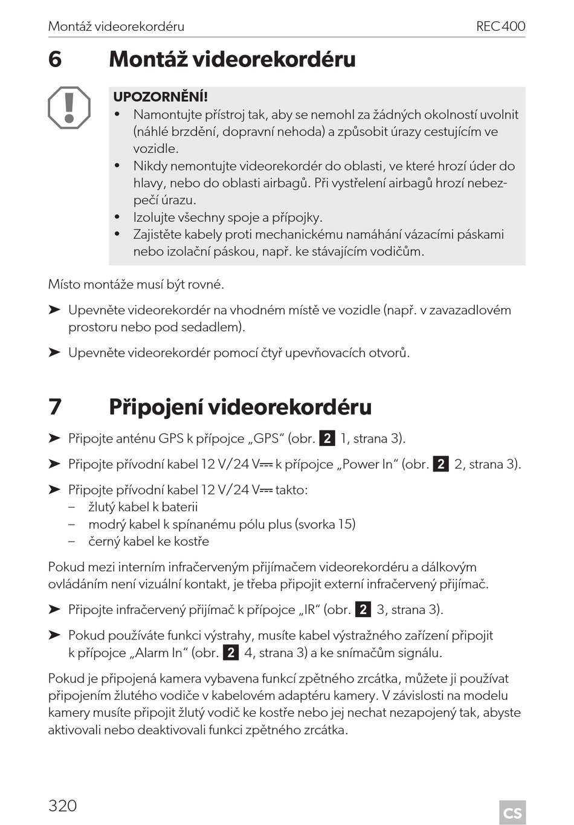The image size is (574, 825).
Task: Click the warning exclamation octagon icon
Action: [x=69, y=108]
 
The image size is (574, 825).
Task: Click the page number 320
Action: [x=62, y=806]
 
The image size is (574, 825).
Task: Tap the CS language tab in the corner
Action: [x=512, y=812]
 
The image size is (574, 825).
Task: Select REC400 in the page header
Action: [x=500, y=27]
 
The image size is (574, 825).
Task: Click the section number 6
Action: [x=55, y=59]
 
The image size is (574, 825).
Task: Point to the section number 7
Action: [x=55, y=407]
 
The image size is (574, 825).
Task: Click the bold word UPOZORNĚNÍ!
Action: [x=160, y=97]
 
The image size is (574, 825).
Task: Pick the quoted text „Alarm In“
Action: [x=159, y=653]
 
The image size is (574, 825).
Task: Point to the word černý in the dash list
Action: [x=104, y=542]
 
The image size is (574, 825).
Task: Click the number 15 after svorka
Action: [x=346, y=524]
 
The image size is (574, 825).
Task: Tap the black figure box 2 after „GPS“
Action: [x=327, y=439]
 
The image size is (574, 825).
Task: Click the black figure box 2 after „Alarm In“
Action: [x=230, y=653]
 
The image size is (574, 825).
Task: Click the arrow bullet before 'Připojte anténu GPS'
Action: [x=54, y=438]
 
